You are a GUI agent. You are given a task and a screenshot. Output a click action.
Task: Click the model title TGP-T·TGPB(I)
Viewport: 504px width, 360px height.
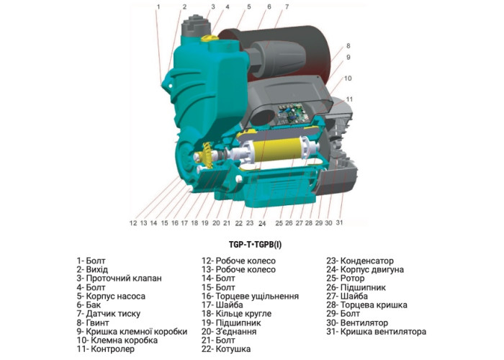tap(252, 244)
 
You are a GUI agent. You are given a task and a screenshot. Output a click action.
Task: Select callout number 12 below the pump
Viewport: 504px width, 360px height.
tap(133, 223)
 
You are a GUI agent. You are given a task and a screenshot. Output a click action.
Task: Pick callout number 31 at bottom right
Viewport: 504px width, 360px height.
tap(340, 223)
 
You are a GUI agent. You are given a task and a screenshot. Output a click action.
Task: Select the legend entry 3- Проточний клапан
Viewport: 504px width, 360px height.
tap(119, 278)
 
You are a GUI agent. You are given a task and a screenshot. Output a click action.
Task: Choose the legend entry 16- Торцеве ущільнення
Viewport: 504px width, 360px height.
tap(250, 296)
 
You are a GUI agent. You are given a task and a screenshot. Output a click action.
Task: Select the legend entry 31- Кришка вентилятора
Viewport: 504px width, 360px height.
tap(376, 332)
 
